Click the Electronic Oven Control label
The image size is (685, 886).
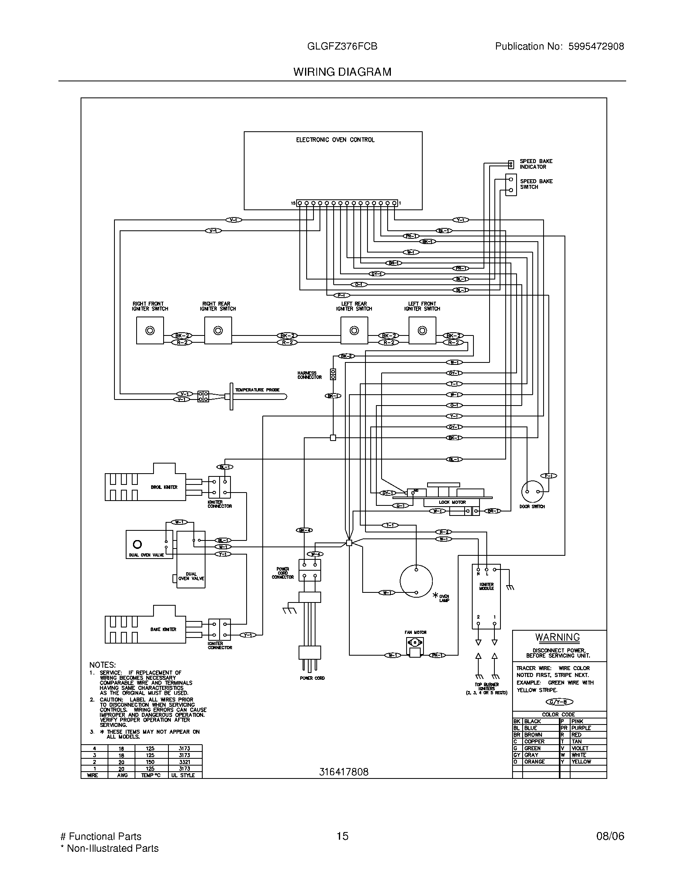(x=335, y=140)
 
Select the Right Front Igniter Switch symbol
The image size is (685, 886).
(x=150, y=331)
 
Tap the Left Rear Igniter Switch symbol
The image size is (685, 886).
(x=354, y=331)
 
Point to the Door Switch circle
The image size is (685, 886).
(x=532, y=491)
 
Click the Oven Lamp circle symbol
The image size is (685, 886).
(x=416, y=581)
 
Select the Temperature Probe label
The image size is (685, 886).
(x=257, y=390)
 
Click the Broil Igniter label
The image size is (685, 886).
(x=164, y=487)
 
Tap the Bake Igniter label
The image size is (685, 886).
(x=163, y=629)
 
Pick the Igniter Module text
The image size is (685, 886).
(x=486, y=586)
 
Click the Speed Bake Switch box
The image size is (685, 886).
(x=511, y=185)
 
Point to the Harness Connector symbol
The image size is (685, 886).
(x=333, y=374)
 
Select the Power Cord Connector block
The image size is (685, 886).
(x=309, y=570)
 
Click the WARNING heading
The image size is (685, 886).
(x=558, y=638)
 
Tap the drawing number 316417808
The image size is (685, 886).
(x=344, y=772)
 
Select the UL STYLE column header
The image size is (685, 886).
(x=185, y=775)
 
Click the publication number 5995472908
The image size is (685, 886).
(x=596, y=47)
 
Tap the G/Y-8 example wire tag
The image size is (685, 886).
(x=560, y=702)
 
